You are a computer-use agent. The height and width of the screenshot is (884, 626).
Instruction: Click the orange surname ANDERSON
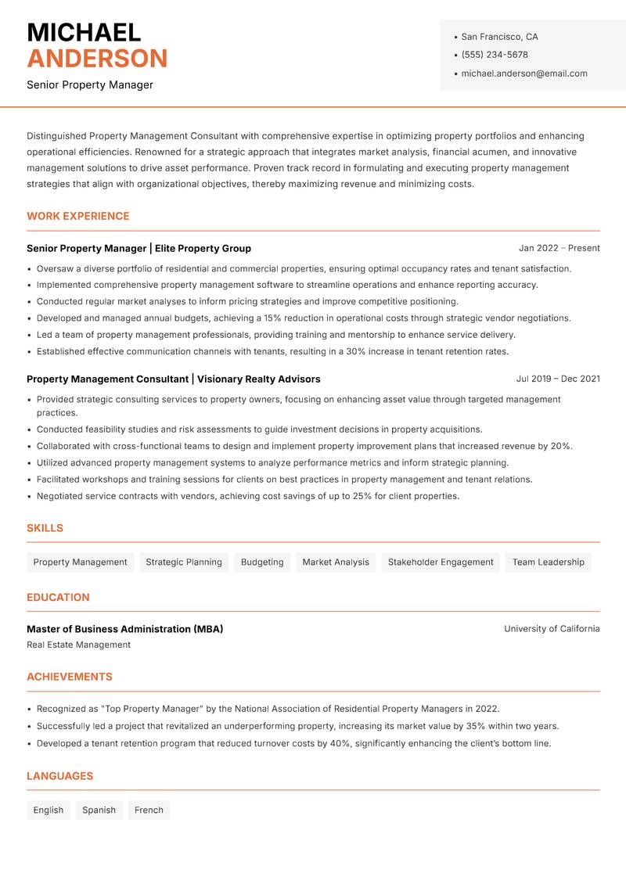click(97, 59)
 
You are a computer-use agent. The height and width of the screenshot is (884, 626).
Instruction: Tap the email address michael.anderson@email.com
click(524, 74)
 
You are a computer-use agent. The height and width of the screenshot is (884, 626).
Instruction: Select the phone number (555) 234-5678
click(495, 55)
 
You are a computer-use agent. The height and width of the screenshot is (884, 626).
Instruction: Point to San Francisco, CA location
click(499, 37)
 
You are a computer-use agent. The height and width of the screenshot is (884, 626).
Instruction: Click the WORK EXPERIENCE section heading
click(78, 216)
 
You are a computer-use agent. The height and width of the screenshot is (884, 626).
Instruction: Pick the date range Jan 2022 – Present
click(559, 248)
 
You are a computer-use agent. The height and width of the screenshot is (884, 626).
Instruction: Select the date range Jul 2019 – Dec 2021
click(558, 379)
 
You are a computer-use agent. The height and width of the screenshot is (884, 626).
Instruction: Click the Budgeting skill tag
click(262, 562)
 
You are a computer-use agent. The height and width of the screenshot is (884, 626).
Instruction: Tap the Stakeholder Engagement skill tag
click(441, 562)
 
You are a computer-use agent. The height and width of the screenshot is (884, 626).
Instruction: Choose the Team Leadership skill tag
click(548, 562)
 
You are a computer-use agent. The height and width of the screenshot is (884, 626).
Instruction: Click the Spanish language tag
click(99, 810)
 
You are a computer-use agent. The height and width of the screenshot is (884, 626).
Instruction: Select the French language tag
click(149, 810)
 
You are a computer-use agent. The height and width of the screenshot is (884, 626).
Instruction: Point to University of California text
click(552, 629)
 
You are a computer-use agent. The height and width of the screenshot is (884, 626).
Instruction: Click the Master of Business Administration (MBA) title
click(125, 629)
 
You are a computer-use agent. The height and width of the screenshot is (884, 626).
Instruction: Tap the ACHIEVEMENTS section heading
click(70, 677)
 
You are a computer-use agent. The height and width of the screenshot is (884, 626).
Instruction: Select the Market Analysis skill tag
click(336, 562)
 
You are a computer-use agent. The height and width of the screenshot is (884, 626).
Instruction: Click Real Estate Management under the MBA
click(78, 645)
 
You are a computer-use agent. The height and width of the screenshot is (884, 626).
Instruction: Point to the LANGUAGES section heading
click(59, 776)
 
